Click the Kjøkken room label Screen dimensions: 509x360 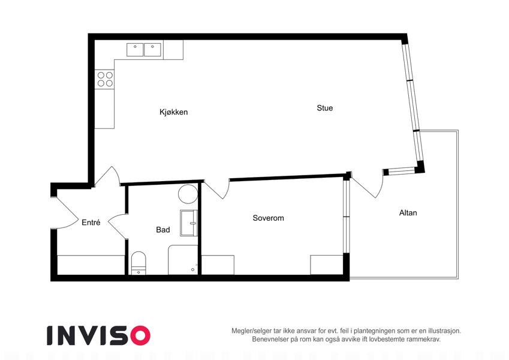point(173,112)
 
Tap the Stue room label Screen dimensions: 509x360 point(324,108)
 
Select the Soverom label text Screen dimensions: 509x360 point(268,218)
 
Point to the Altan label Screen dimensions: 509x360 point(408,213)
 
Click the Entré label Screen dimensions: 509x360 point(91,223)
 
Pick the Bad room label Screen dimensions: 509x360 point(163,230)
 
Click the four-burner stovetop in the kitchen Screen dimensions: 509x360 point(104,79)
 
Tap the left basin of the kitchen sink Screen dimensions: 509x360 point(135,50)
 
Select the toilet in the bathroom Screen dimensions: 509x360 point(138,263)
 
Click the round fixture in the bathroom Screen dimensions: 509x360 point(188,194)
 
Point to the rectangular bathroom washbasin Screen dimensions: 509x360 point(189,223)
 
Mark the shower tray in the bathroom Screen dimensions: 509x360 point(183,260)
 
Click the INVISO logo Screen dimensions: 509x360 point(98,335)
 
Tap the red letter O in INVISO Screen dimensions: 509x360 point(140,335)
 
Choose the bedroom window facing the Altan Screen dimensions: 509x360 point(347,217)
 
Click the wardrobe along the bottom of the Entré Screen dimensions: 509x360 point(91,265)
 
